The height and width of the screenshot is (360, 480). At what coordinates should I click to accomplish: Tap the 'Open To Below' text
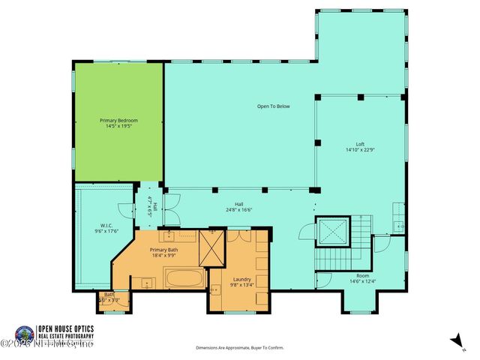[273, 106]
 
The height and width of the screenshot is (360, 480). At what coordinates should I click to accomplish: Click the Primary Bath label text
[163, 250]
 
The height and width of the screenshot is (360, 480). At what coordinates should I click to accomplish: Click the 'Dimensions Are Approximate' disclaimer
[240, 348]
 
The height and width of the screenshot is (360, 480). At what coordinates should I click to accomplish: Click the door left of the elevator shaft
[305, 232]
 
